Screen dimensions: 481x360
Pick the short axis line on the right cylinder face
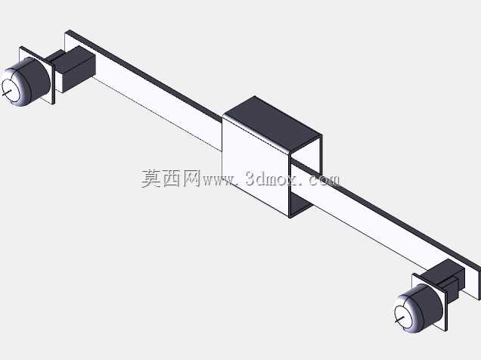400,319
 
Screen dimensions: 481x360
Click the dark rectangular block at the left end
76,68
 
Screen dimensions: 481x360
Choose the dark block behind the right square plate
445,279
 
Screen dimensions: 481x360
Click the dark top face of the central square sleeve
272,123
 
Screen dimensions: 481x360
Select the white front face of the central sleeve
255,166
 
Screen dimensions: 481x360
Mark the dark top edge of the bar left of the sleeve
144,73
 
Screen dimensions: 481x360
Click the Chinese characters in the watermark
171,178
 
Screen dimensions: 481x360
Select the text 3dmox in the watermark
272,178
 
